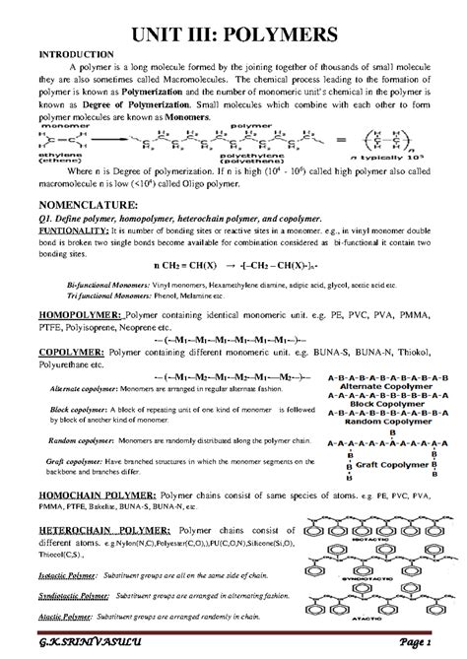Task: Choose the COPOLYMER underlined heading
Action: [x=67, y=350]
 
